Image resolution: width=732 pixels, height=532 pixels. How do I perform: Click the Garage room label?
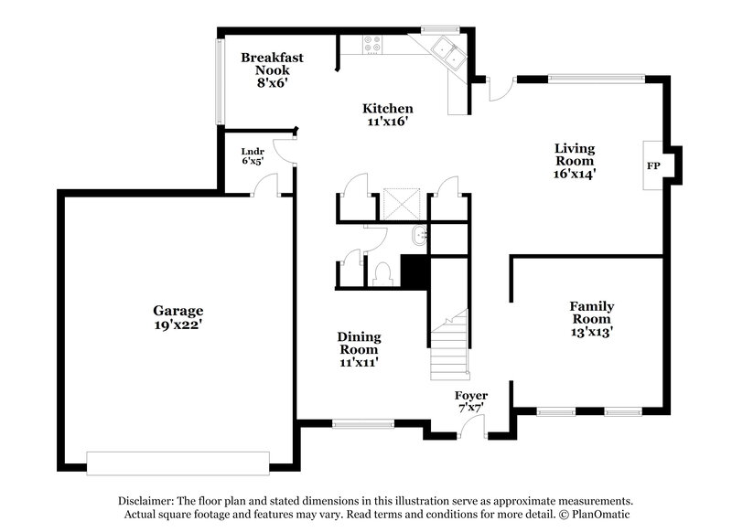tap(178, 310)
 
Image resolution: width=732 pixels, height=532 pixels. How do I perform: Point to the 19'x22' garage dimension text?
tap(178, 325)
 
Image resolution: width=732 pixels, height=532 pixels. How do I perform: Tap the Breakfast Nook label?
tap(272, 63)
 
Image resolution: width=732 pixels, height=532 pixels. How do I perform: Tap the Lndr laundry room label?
tap(252, 151)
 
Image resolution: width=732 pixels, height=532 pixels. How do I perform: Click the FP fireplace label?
tap(653, 166)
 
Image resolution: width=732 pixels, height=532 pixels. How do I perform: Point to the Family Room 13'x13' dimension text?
tap(592, 333)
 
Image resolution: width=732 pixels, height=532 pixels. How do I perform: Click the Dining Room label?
tap(360, 343)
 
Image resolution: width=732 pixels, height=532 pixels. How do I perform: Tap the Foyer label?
tap(471, 396)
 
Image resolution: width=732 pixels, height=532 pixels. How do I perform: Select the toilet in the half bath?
tap(383, 273)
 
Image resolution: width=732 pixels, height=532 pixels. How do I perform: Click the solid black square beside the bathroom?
tap(415, 271)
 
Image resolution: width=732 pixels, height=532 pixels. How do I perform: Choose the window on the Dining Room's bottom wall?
tap(357, 422)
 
